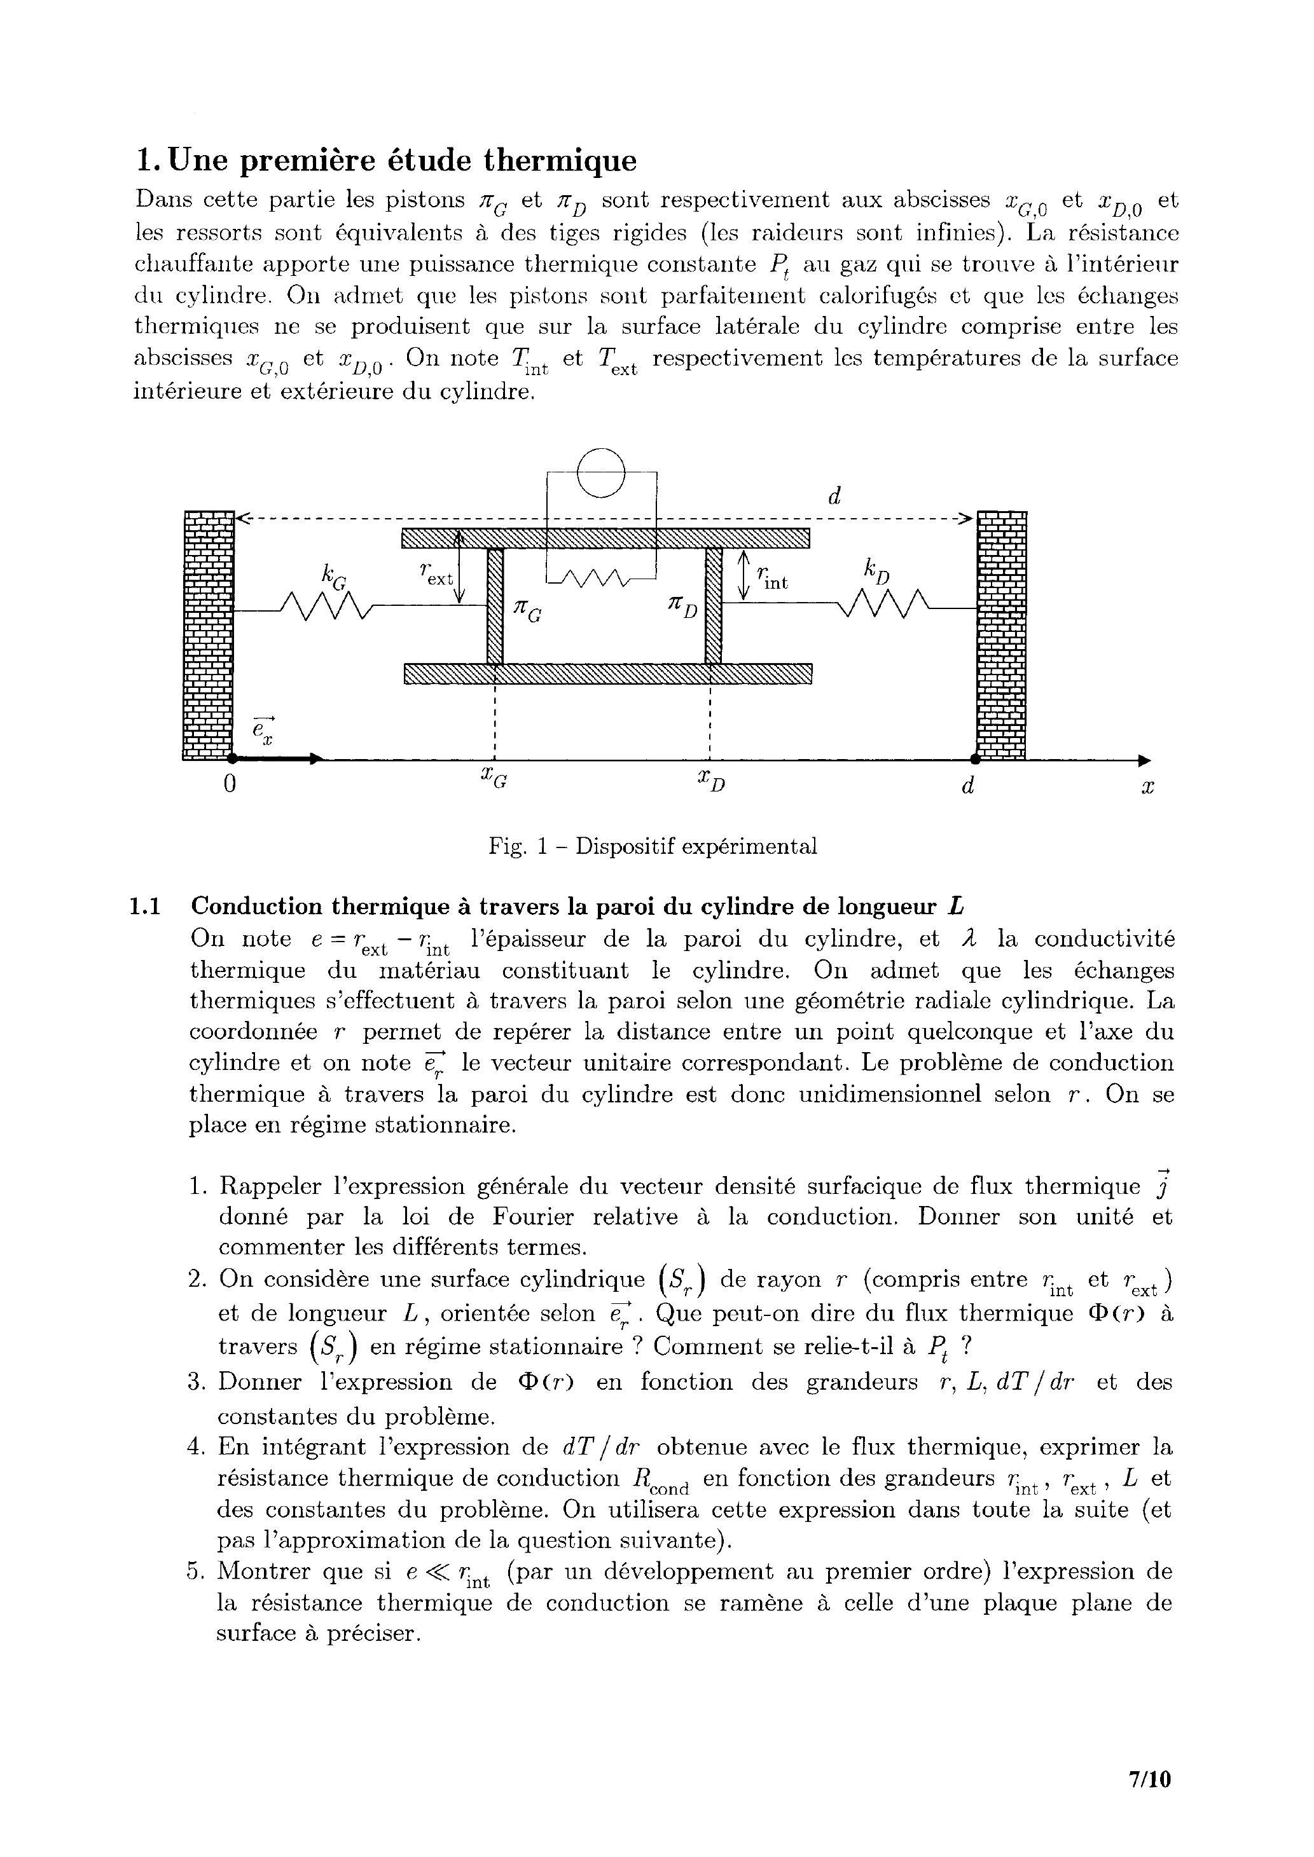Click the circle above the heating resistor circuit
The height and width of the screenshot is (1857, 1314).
[602, 472]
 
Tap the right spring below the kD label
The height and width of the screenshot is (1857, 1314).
[887, 603]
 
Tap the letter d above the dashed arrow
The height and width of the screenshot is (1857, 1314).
[834, 497]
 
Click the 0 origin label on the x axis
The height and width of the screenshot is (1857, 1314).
[230, 785]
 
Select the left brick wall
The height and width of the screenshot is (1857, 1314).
[209, 635]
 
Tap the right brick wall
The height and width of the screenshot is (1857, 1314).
[1002, 635]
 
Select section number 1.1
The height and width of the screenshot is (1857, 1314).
[146, 906]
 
